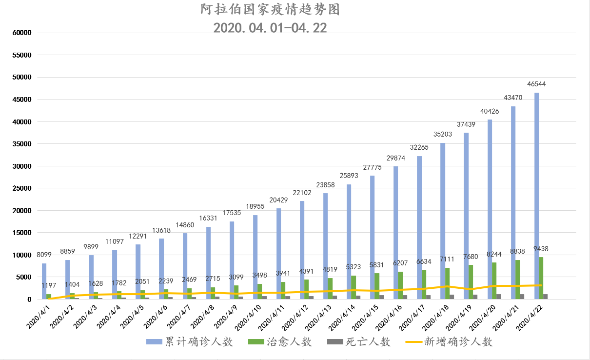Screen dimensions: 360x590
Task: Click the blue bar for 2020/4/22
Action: pyautogui.click(x=536, y=195)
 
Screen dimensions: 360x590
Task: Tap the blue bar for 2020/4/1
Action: pyautogui.click(x=44, y=281)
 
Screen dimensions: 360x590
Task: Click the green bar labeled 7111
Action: pyautogui.click(x=447, y=283)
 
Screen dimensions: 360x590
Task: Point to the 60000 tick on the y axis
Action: pyautogui.click(x=21, y=33)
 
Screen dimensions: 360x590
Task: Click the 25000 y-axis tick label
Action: pyautogui.click(x=21, y=188)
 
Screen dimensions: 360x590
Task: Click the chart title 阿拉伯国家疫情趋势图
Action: pyautogui.click(x=270, y=10)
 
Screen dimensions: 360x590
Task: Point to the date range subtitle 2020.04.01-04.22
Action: pyautogui.click(x=270, y=27)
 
